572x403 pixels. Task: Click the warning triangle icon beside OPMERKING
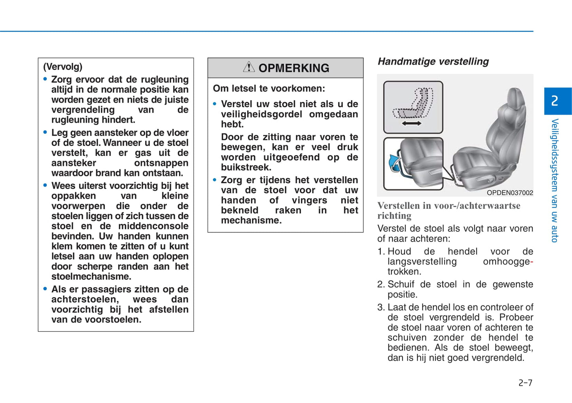(x=249, y=67)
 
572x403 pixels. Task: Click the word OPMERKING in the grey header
(x=294, y=68)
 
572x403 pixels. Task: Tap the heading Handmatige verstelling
(x=433, y=61)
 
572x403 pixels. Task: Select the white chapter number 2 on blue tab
(x=555, y=101)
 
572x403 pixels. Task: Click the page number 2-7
(x=525, y=382)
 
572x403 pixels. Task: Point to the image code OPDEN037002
(x=510, y=193)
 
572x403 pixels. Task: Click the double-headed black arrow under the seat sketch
(x=411, y=123)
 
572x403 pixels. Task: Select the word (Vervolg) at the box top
(x=63, y=66)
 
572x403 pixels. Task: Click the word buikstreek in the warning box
(x=245, y=167)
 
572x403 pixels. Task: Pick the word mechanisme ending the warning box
(x=251, y=220)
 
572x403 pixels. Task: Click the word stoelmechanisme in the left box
(x=91, y=276)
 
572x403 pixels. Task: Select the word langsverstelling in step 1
(x=422, y=261)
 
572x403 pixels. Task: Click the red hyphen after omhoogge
(x=532, y=262)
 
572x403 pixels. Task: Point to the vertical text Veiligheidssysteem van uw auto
(x=555, y=180)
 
